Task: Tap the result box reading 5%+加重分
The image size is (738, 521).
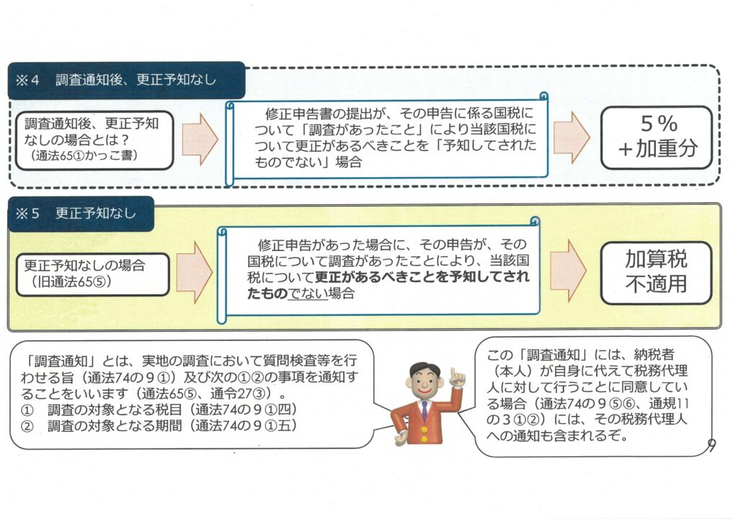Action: pos(656,137)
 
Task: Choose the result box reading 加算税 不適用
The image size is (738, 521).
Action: pos(656,271)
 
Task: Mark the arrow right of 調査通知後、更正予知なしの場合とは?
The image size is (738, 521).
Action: pos(199,137)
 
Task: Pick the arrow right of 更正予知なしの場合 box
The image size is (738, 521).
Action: pos(194,272)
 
